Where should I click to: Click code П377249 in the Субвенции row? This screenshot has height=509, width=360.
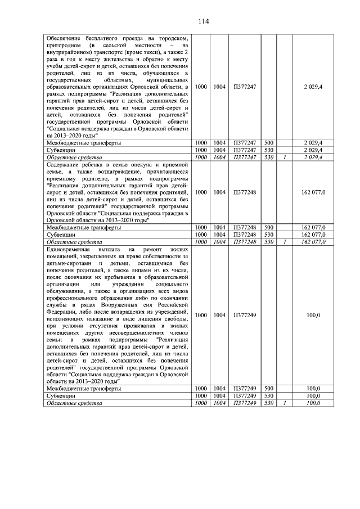click(x=245, y=396)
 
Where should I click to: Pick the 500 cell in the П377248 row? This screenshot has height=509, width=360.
click(x=268, y=227)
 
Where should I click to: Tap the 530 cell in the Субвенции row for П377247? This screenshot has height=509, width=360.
click(x=268, y=150)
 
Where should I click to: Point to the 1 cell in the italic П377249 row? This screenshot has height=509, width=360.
click(x=285, y=403)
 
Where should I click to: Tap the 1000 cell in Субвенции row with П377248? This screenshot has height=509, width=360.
click(x=200, y=234)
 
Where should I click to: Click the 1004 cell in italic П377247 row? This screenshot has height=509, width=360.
click(x=219, y=157)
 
